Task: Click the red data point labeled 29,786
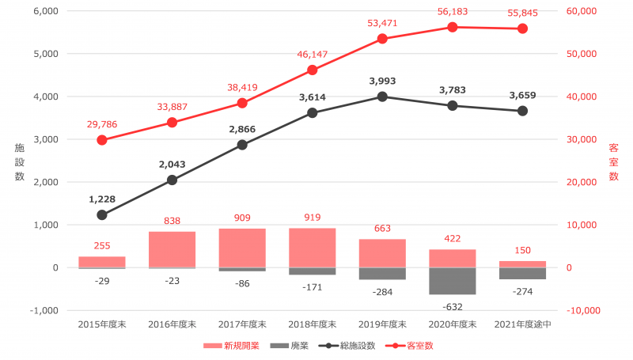(x=102, y=140)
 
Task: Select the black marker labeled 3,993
(x=382, y=97)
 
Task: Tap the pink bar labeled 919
(x=312, y=248)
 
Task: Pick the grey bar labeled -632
(x=453, y=281)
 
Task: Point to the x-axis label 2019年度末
(x=382, y=324)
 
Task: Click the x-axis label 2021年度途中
(x=522, y=324)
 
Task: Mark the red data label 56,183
(x=453, y=12)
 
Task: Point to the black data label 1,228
(x=102, y=200)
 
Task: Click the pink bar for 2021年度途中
(x=522, y=264)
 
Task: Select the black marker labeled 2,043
(x=172, y=180)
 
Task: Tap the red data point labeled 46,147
(x=312, y=70)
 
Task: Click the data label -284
(x=382, y=291)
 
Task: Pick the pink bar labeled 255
(x=102, y=262)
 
